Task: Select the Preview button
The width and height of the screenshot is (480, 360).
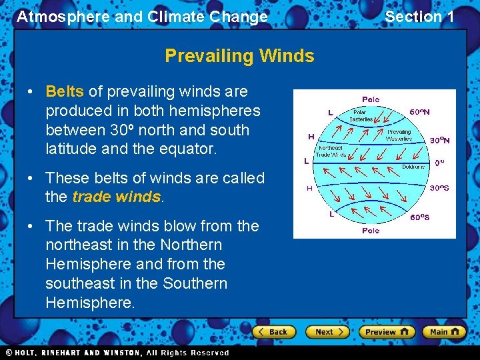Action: pyautogui.click(x=386, y=331)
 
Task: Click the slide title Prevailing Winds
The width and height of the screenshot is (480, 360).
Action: pyautogui.click(x=239, y=55)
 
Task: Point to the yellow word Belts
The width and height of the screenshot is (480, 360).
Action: pyautogui.click(x=65, y=91)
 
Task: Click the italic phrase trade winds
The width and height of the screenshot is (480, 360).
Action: pyautogui.click(x=117, y=197)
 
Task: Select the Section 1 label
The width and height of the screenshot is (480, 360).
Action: pyautogui.click(x=419, y=17)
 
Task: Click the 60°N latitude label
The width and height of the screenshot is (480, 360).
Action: pyautogui.click(x=419, y=112)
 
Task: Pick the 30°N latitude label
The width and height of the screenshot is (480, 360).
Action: pyautogui.click(x=439, y=141)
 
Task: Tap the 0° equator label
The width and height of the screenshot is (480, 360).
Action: pyautogui.click(x=439, y=162)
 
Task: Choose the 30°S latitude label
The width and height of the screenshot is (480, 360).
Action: pyautogui.click(x=439, y=188)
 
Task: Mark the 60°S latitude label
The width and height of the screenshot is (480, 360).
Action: pyautogui.click(x=419, y=217)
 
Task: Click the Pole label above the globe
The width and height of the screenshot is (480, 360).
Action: pyautogui.click(x=371, y=99)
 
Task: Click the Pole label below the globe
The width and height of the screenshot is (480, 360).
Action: pyautogui.click(x=371, y=230)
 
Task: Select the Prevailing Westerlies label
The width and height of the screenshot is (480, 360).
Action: pyautogui.click(x=399, y=135)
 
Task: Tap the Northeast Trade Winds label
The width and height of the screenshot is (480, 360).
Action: pyautogui.click(x=340, y=151)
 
